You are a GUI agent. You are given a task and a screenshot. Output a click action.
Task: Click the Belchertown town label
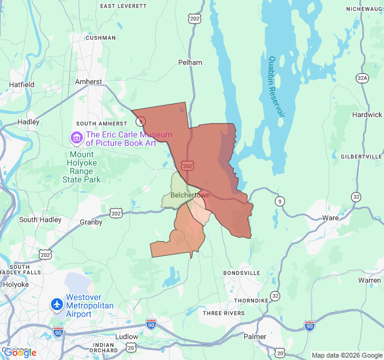click(190, 196)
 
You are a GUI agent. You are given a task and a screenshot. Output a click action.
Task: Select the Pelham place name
click(190, 62)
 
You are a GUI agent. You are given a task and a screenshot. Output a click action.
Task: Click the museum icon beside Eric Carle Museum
click(76, 139)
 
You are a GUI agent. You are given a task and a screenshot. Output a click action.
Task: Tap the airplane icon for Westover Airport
click(58, 305)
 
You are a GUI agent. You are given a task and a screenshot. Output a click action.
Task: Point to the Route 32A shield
click(362, 78)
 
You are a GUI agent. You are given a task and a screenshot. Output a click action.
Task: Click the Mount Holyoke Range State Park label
click(82, 167)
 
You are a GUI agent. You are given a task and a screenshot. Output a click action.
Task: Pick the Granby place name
click(91, 222)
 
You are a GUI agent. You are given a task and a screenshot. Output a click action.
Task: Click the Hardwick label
click(367, 115)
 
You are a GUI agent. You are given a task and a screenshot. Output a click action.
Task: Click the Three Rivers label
click(223, 313)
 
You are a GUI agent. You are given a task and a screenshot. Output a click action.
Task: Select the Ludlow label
click(127, 337)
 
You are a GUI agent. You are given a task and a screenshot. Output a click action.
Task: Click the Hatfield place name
click(21, 85)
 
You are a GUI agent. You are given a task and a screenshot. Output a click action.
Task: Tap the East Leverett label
click(123, 6)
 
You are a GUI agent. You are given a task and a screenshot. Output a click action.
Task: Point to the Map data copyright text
click(346, 355)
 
